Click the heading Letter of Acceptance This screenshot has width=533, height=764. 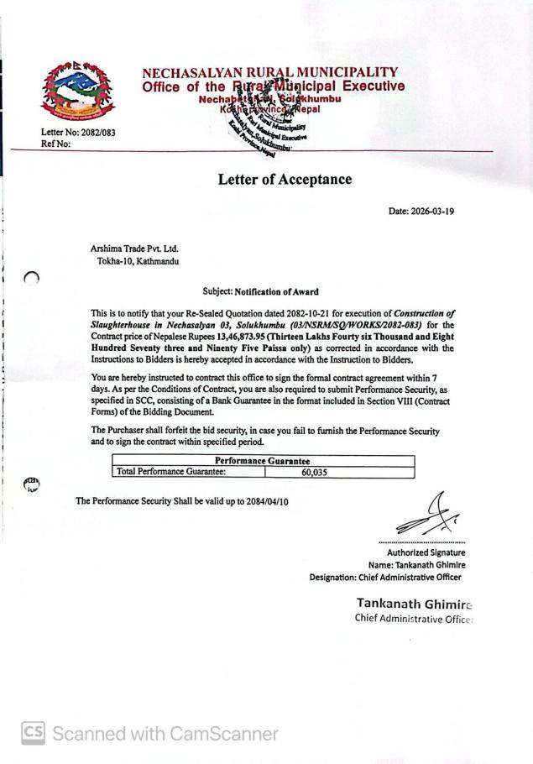click(x=285, y=180)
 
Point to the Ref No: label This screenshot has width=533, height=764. click(x=56, y=144)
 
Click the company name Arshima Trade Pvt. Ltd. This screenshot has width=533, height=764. click(x=134, y=249)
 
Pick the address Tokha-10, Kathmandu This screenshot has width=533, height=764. click(x=138, y=262)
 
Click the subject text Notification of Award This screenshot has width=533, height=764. click(x=276, y=292)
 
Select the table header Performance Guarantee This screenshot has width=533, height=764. click(x=263, y=461)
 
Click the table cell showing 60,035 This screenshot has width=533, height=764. click(x=314, y=473)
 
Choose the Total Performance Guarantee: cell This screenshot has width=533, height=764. click(x=171, y=473)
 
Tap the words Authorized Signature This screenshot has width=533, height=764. click(x=426, y=552)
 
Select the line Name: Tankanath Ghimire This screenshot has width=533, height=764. click(x=416, y=565)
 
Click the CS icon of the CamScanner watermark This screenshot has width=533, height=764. click(x=33, y=733)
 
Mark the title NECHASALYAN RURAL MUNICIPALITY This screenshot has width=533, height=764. click(x=270, y=73)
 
